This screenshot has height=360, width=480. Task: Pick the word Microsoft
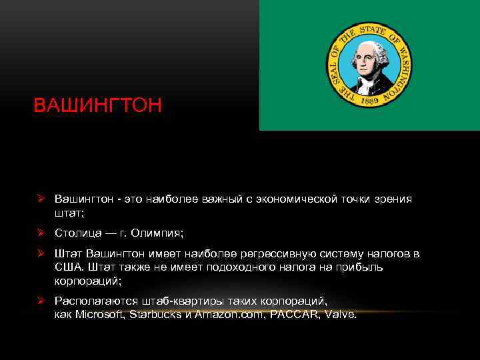click(98, 314)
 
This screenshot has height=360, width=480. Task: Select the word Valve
click(339, 314)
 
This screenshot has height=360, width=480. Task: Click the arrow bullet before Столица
click(41, 233)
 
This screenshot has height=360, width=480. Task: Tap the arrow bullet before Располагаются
click(41, 301)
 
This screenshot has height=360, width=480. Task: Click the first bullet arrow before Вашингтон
click(41, 199)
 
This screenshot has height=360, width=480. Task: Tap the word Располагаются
click(94, 301)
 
